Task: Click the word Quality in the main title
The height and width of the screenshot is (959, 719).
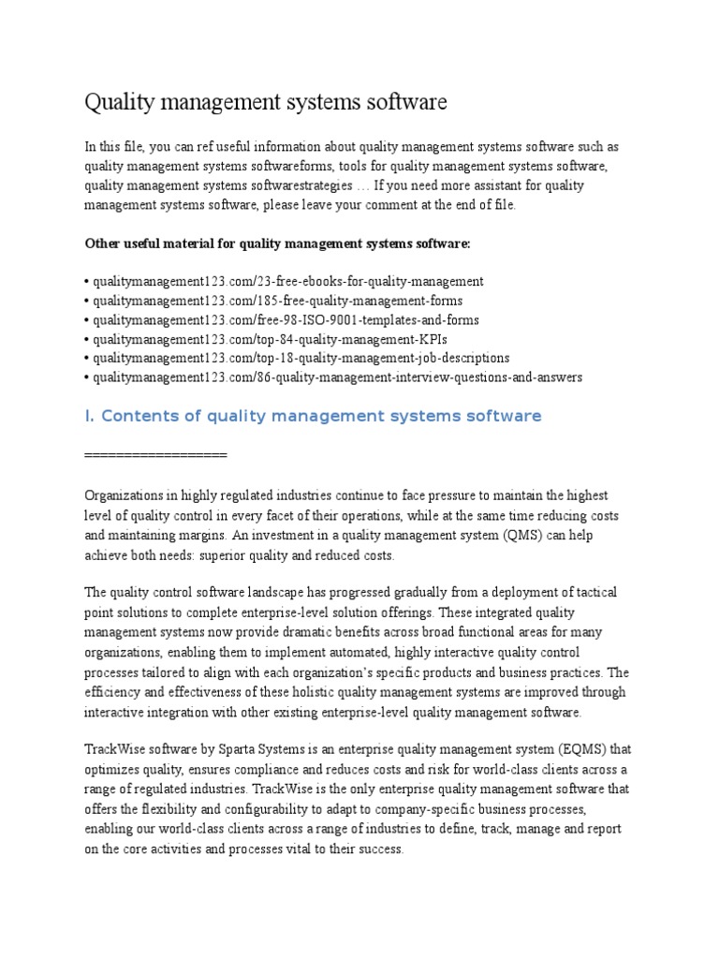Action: click(117, 102)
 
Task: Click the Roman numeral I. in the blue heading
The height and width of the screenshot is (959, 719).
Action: click(90, 416)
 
